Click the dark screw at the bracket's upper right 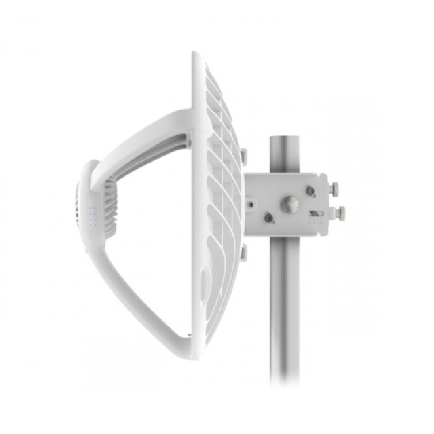pos(311,190)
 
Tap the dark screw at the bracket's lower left pos(268,218)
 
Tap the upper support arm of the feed pos(146,136)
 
